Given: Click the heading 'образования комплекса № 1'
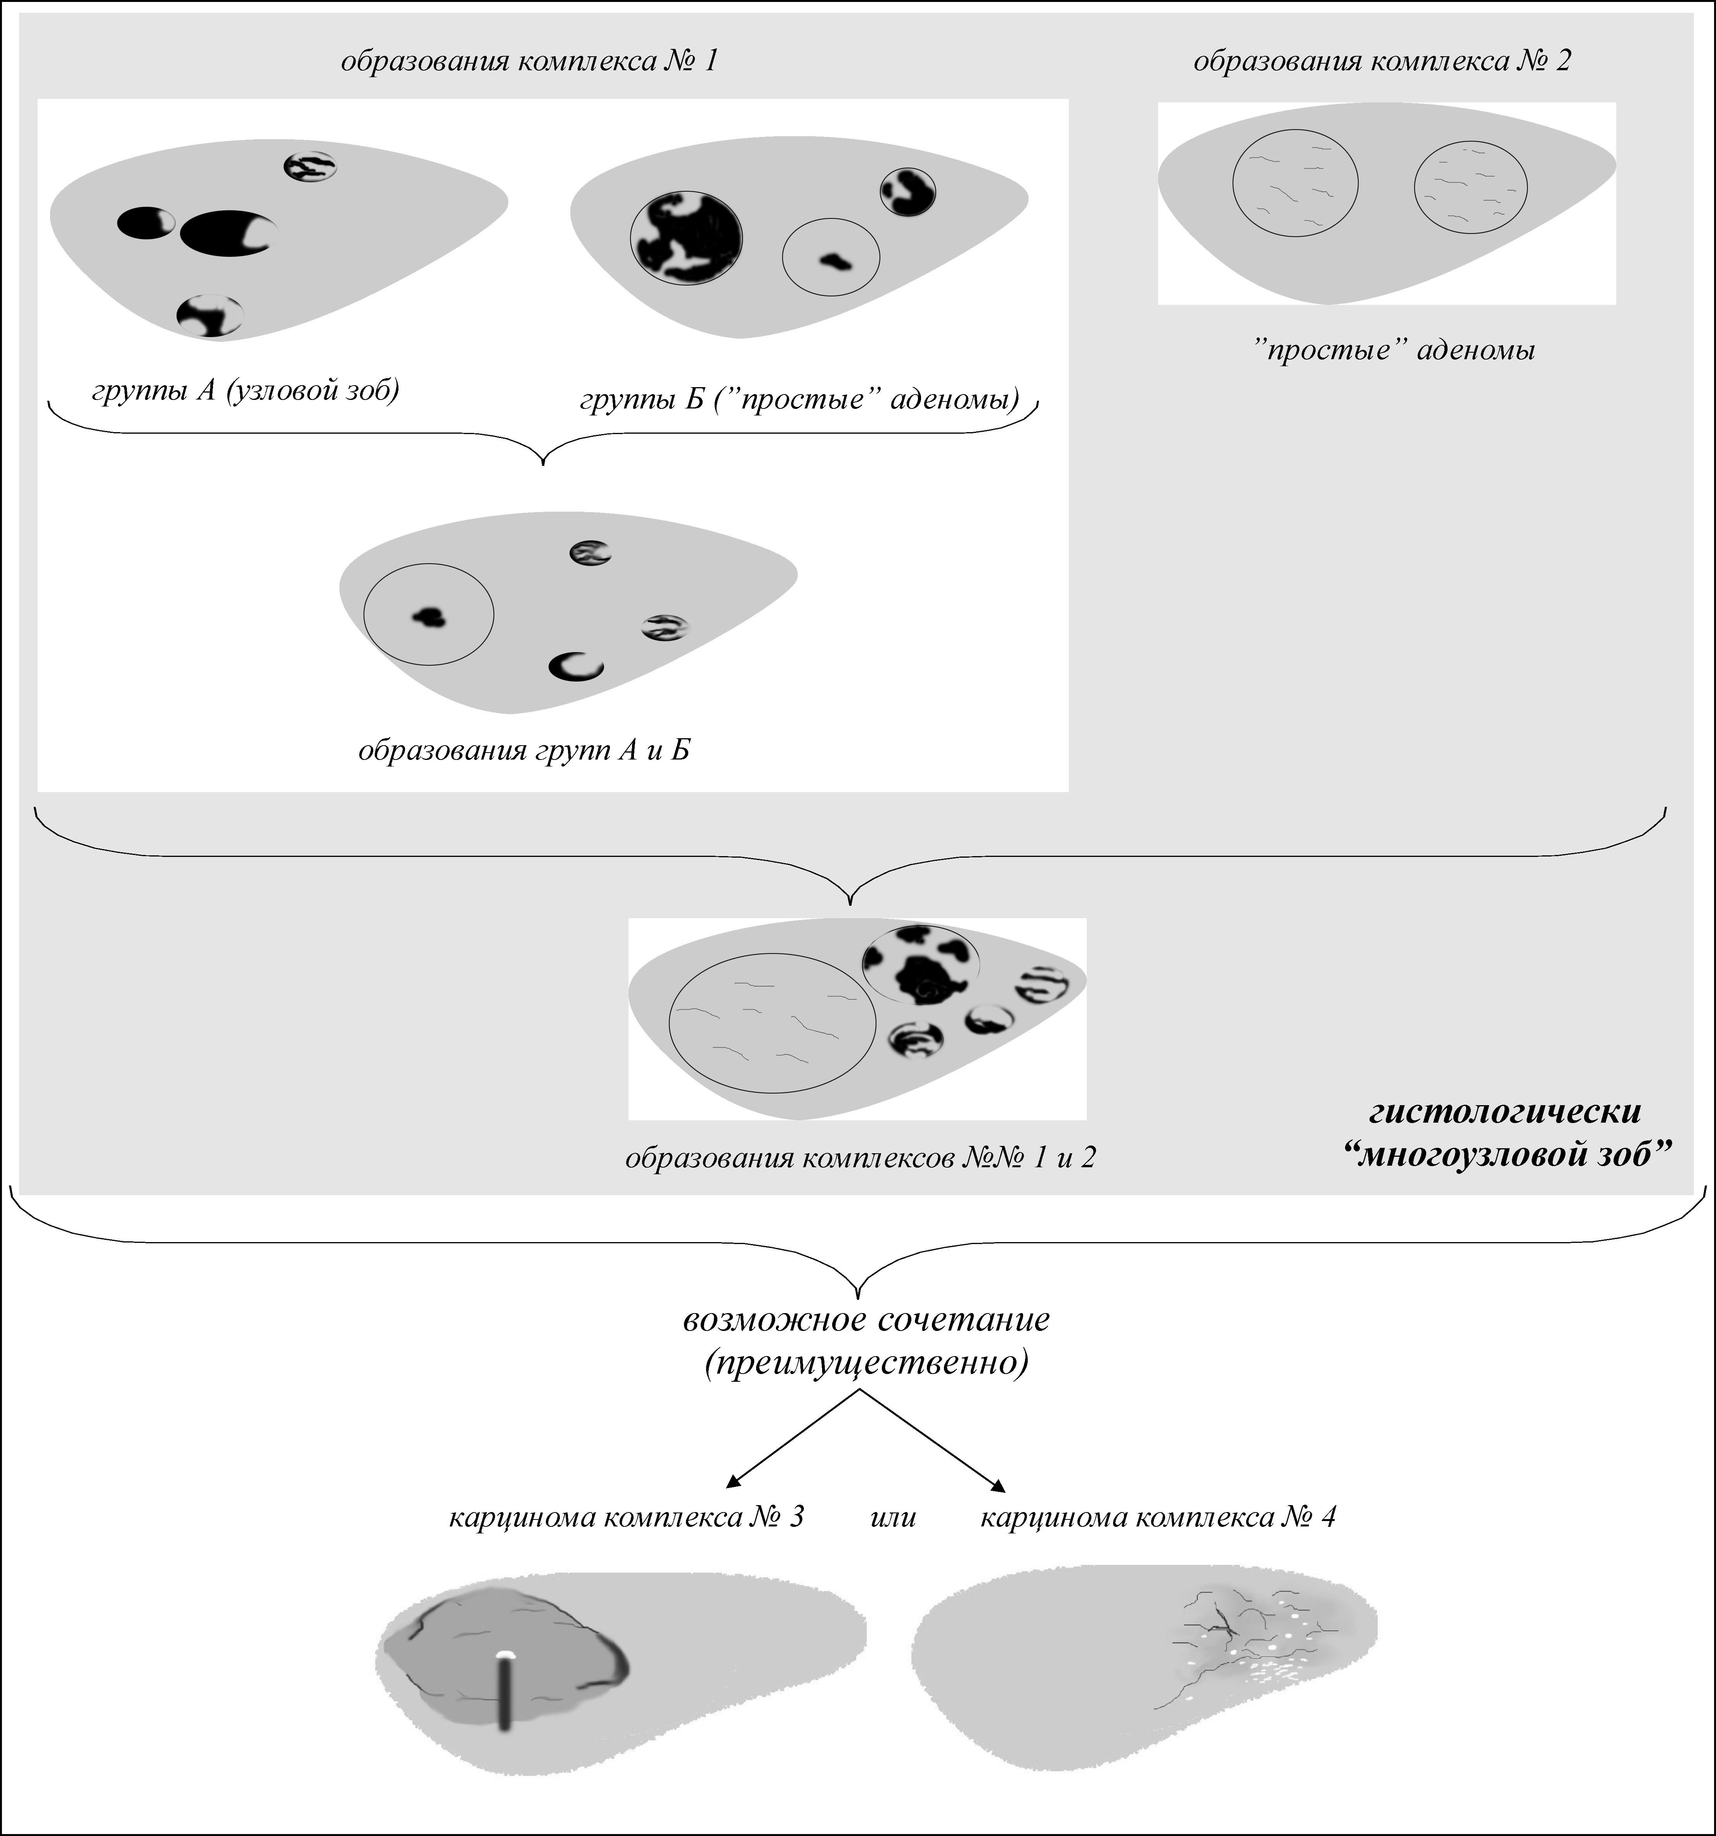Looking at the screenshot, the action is pos(529,62).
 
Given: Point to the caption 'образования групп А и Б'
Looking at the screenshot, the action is pos(524,750).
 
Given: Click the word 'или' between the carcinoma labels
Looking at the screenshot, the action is pos(893,1518).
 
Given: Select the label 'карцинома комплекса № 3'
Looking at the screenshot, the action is pos(626,1518).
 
